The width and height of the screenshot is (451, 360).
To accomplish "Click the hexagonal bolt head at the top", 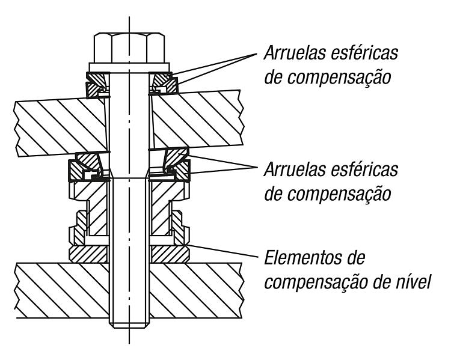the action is coord(129,48).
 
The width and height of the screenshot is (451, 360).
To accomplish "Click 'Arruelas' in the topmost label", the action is coord(295,53).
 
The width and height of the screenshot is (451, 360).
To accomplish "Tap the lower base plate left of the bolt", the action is coord(62,290).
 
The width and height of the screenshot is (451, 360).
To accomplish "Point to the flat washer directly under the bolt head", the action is coord(129,67).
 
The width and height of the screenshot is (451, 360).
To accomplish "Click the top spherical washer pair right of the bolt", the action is coord(164,84).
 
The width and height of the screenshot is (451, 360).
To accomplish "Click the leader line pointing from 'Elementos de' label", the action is coord(224,250).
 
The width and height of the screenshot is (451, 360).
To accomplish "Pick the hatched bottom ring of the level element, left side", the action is coord(89,254).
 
